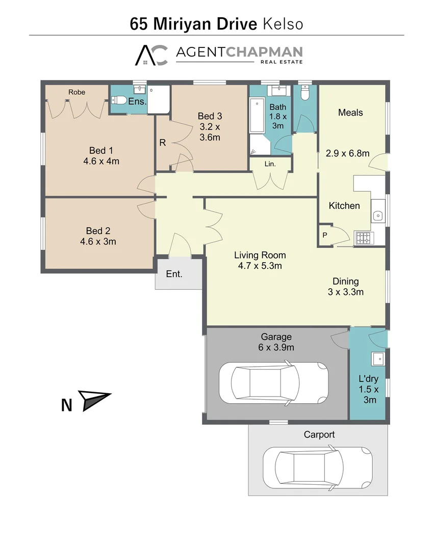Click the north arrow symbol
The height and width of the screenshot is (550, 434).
[x=94, y=400]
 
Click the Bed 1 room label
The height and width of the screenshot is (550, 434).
[x=101, y=150]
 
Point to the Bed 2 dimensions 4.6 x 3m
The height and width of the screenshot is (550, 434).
[x=98, y=241]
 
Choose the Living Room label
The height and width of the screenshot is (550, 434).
[x=260, y=255]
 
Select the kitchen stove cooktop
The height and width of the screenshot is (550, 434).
[x=364, y=238]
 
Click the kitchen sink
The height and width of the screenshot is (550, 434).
[x=378, y=215]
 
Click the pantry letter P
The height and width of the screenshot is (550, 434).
[x=324, y=235]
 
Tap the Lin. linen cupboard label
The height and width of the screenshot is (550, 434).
[x=270, y=164]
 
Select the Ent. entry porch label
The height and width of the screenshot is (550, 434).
[x=174, y=274]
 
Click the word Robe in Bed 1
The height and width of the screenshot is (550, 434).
[x=77, y=92]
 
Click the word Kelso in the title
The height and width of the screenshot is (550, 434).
[x=283, y=23]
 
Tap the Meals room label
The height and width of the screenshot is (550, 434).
[x=350, y=113]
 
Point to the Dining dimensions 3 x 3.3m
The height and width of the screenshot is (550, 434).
[x=346, y=292]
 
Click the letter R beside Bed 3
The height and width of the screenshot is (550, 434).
[x=163, y=143]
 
